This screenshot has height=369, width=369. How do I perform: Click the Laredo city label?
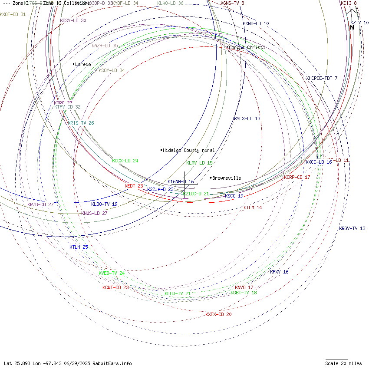[x=83, y=64]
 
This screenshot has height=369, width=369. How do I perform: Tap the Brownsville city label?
[x=227, y=178]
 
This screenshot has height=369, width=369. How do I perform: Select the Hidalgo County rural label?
[x=189, y=150]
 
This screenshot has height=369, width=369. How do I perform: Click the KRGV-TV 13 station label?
[x=352, y=228]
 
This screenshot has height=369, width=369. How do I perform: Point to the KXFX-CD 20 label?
[x=218, y=314]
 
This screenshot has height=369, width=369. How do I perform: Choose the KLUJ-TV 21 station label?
[x=178, y=293]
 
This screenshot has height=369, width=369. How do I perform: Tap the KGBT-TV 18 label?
[x=244, y=293]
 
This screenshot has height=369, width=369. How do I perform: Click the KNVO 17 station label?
[x=244, y=287]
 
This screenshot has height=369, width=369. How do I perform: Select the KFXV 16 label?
[x=279, y=272]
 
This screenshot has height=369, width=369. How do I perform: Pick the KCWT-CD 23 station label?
[x=115, y=287]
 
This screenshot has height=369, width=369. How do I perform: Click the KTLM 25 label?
[x=79, y=247]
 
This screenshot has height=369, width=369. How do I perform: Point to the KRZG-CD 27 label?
[x=40, y=204]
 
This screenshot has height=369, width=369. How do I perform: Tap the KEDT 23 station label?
[x=134, y=186]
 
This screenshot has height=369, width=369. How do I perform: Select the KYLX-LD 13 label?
[x=247, y=119]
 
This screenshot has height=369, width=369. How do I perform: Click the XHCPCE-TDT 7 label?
[x=322, y=78]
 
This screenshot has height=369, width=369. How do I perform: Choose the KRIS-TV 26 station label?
[x=81, y=123]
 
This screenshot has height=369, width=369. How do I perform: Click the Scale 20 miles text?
[x=343, y=363]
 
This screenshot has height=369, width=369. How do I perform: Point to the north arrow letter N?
[x=352, y=28]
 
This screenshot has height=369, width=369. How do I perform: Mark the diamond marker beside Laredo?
[x=74, y=64]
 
